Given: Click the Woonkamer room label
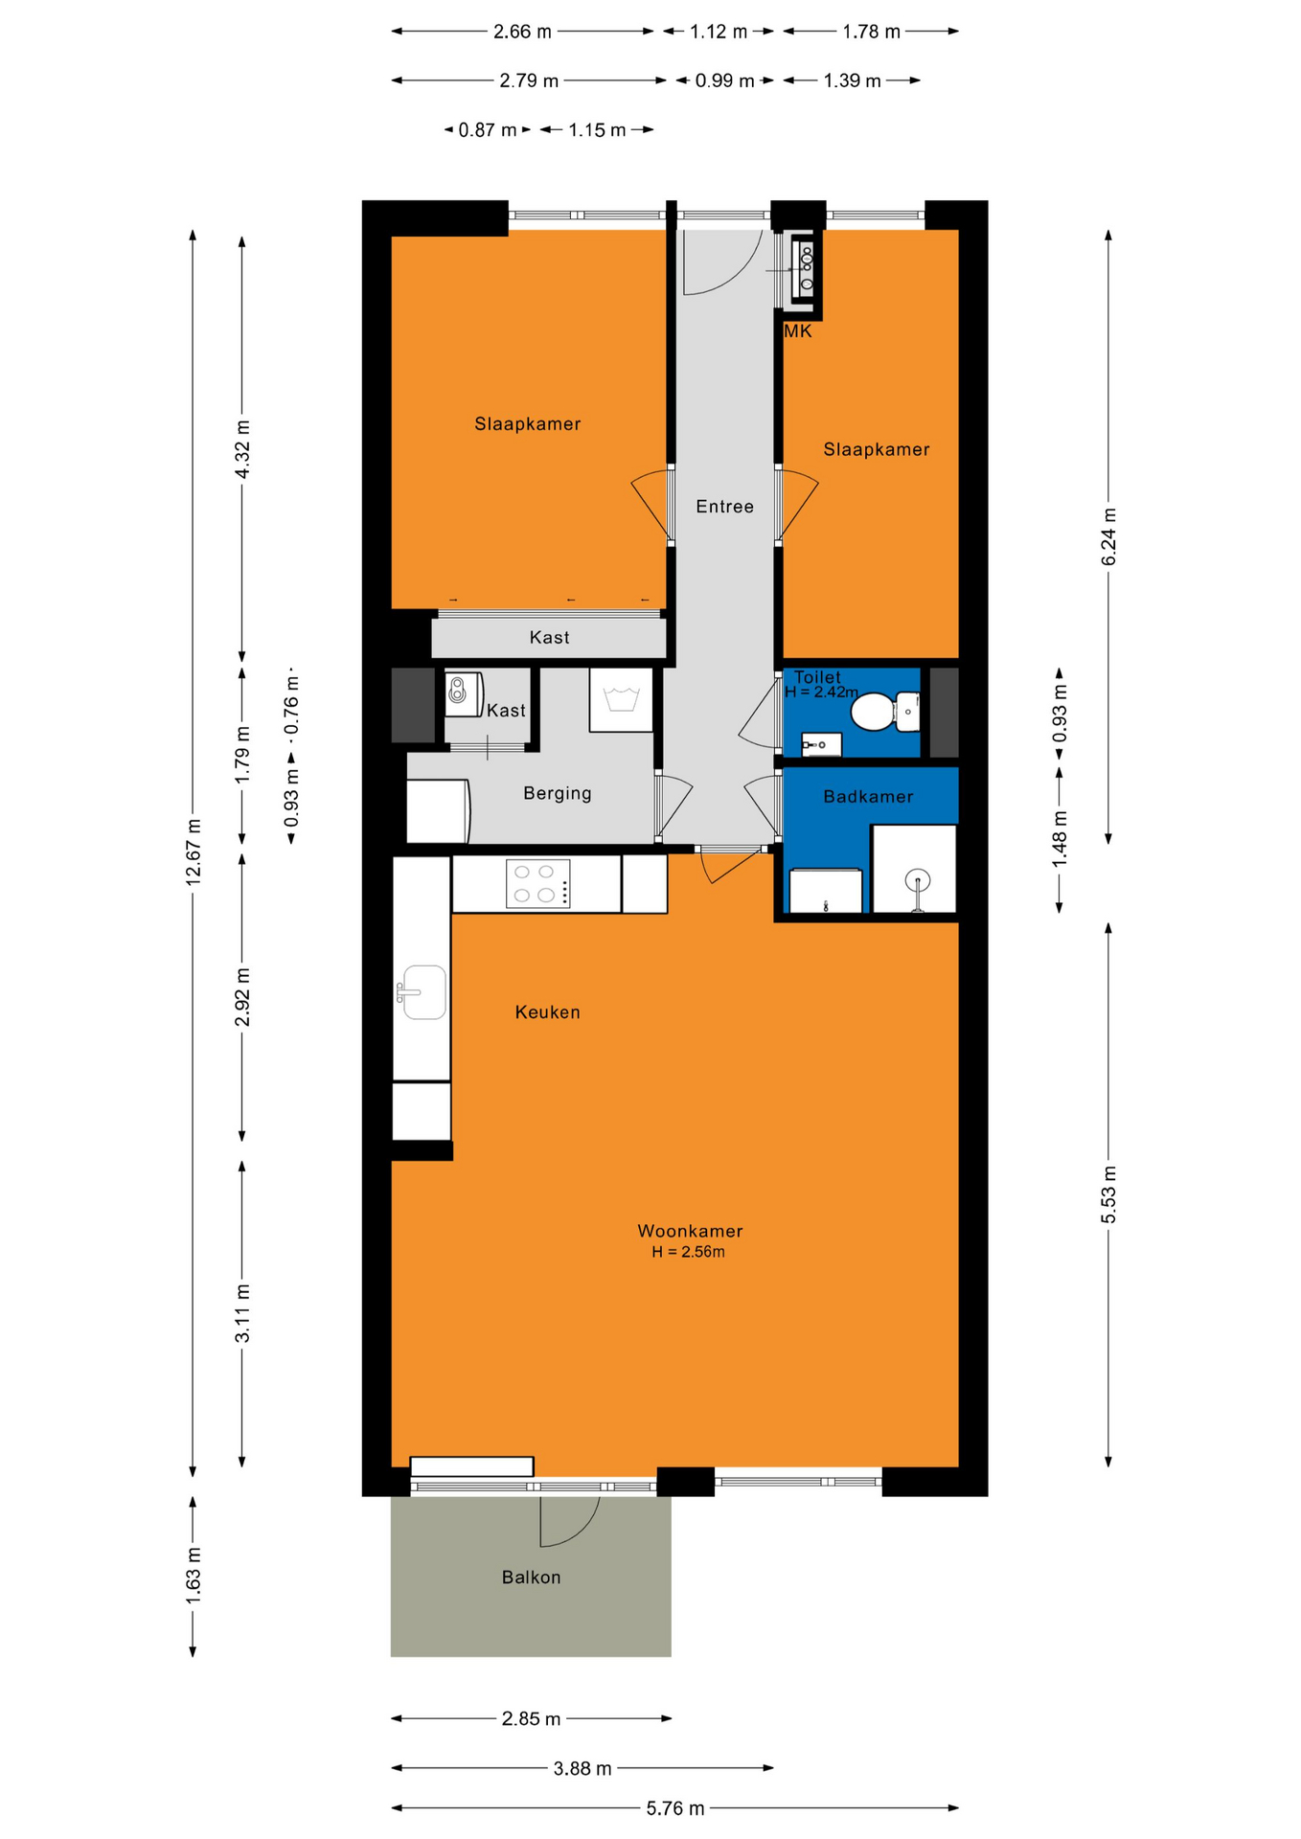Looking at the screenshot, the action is pos(690,1231).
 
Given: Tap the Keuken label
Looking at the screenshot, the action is pos(547,1011).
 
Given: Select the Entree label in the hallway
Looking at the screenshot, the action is pos(724,506).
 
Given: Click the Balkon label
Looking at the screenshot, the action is pos(531,1577).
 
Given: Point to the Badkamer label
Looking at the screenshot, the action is pos(868,796).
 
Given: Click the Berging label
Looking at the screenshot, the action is pos(557,793).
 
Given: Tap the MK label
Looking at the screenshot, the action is pos(797,331).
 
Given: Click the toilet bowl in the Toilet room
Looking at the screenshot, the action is pos(874,713).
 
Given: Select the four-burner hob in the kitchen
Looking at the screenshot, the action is pos(537,883).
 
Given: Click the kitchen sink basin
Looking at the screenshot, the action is pos(422,992).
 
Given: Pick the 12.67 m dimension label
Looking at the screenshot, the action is pos(194,851).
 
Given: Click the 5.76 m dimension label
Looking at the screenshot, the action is pos(674,1807).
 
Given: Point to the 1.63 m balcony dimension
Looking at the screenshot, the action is pos(194,1575).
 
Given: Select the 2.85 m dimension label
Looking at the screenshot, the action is pos(531,1718).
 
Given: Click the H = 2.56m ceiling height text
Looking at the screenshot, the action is pos(688,1252).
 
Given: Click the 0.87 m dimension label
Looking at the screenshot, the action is pos(487,130).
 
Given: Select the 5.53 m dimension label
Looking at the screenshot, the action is pos(1108,1194).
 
